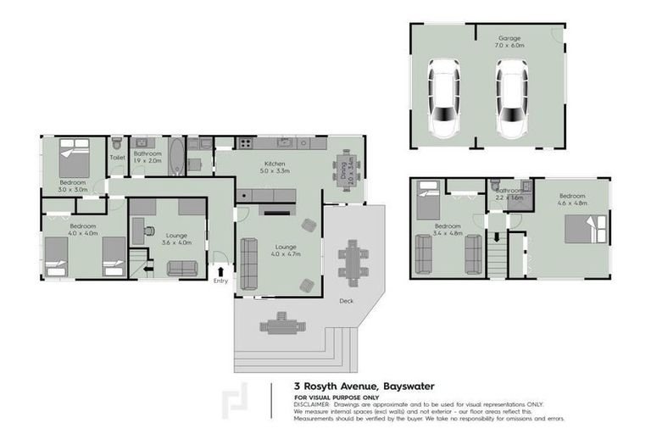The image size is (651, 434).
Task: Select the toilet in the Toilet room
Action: (116, 144)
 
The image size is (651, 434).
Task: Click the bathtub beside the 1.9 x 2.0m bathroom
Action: (176, 157)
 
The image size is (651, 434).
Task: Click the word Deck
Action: (346, 300)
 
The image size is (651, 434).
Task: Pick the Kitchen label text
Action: (275, 163)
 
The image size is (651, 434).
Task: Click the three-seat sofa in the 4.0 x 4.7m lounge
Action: (249, 263)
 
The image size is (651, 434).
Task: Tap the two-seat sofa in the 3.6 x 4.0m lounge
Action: (182, 268)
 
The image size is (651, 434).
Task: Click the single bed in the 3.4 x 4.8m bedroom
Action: (426, 203)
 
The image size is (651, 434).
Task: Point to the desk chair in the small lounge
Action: (148, 230)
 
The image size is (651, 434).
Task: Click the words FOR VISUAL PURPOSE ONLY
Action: (336, 398)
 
